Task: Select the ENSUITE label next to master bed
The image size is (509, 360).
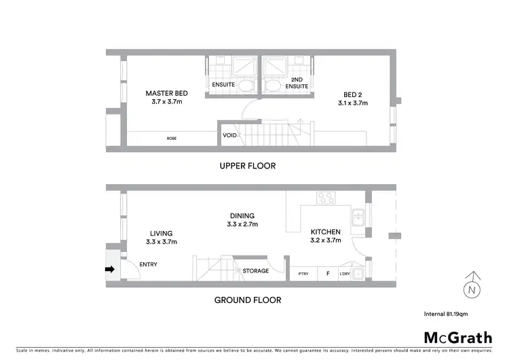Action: tap(223, 85)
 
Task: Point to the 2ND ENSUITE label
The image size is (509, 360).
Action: tap(297, 84)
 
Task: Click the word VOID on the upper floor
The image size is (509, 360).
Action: tap(229, 134)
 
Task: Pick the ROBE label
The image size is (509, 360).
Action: tap(172, 139)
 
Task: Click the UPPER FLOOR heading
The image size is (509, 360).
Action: tap(247, 166)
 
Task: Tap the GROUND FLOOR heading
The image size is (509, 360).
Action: tap(248, 300)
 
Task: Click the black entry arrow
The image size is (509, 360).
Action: tap(109, 269)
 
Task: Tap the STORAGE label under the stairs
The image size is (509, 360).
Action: tap(255, 271)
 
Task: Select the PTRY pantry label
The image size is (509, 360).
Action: tap(303, 274)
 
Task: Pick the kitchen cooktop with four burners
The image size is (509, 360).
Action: tap(326, 198)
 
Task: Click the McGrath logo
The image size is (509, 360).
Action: tap(457, 338)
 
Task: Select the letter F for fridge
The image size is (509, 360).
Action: tap(328, 274)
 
